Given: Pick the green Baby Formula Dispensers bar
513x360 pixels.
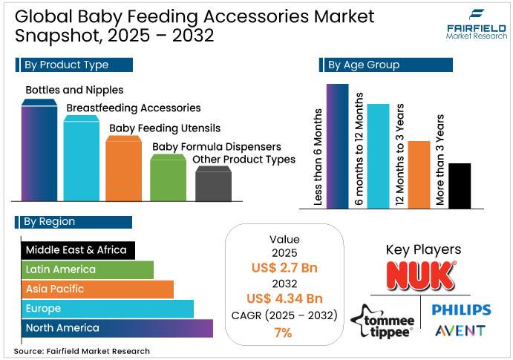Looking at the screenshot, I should tap(169, 178).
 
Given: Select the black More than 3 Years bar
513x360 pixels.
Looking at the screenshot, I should tap(459, 186).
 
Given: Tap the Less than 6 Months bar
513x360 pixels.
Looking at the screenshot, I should tap(338, 146).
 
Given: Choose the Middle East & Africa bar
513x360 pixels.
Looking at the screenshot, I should tap(79, 250).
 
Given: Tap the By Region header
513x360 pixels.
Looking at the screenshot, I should tap(74, 221).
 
